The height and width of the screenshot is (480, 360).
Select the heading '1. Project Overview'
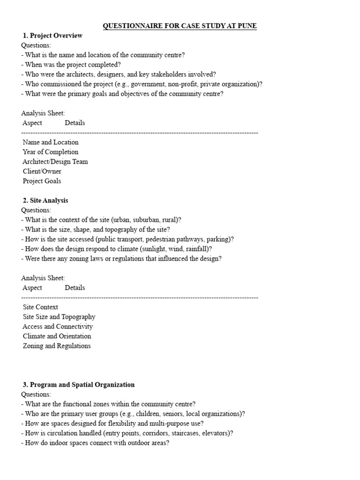52,36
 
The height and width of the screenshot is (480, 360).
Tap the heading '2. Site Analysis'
45,201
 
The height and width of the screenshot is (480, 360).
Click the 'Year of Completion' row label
51,152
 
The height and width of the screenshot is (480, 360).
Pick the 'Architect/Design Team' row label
55,162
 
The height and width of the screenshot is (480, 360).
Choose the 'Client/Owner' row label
42,172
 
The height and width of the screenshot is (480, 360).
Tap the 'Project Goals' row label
42,181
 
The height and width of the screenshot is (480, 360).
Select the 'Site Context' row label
41,307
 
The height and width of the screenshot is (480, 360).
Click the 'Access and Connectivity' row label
58,327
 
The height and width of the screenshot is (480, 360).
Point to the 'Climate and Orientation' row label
57,337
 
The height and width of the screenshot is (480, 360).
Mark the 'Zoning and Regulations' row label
57,346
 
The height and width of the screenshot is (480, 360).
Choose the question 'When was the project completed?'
71,65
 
